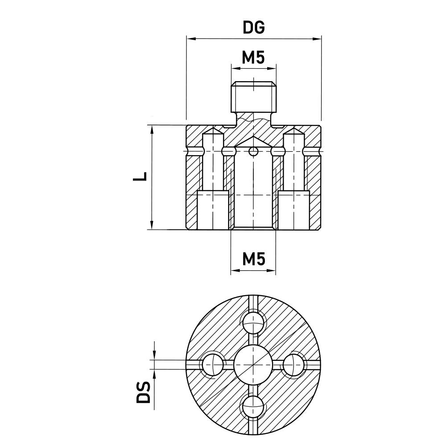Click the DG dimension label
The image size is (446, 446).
click(253, 27)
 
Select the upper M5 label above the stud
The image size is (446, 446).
click(253, 58)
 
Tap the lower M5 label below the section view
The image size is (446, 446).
click(253, 258)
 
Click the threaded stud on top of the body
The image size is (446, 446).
click(253, 97)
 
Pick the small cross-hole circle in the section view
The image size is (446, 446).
click(253, 152)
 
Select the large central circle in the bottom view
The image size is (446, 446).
click(253, 364)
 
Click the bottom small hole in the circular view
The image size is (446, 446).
click(253, 406)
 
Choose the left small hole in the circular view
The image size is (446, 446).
click(213, 364)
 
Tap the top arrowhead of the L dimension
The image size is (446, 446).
click(152, 128)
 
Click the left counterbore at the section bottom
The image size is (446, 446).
click(213, 211)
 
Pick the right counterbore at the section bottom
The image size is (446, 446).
click(294, 211)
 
